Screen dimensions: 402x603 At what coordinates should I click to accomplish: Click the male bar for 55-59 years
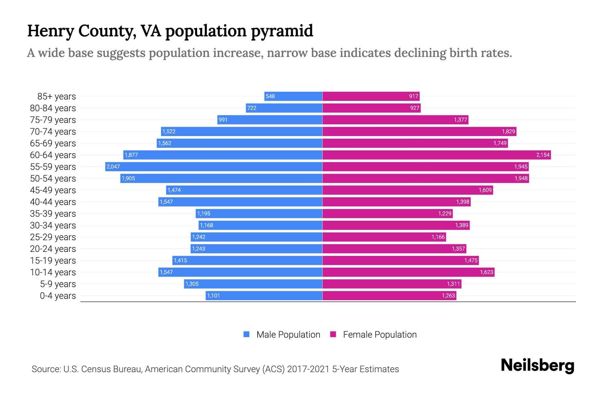214,166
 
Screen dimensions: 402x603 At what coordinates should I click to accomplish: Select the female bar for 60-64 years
437,155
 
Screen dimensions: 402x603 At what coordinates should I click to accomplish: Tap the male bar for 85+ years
293,96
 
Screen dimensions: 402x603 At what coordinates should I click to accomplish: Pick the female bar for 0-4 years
389,295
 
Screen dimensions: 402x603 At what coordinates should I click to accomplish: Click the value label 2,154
543,155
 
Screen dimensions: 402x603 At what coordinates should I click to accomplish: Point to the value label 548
270,96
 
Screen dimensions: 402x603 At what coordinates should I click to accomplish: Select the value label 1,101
213,295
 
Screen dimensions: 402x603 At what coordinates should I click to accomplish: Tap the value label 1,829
508,131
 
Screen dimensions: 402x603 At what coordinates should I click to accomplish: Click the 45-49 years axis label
53,190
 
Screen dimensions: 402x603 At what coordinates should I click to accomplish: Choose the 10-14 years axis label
53,272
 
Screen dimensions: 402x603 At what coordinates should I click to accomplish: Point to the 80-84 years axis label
53,108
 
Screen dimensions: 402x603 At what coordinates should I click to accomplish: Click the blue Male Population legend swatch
247,334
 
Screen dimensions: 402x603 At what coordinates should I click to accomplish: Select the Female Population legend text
380,335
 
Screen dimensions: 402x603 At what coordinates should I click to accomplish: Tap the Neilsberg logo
537,365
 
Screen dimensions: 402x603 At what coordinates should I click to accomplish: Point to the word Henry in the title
51,31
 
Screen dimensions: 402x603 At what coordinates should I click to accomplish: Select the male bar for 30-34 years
260,225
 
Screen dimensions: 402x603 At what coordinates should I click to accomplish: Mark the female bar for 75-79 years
395,120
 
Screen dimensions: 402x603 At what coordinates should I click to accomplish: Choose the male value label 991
223,120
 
